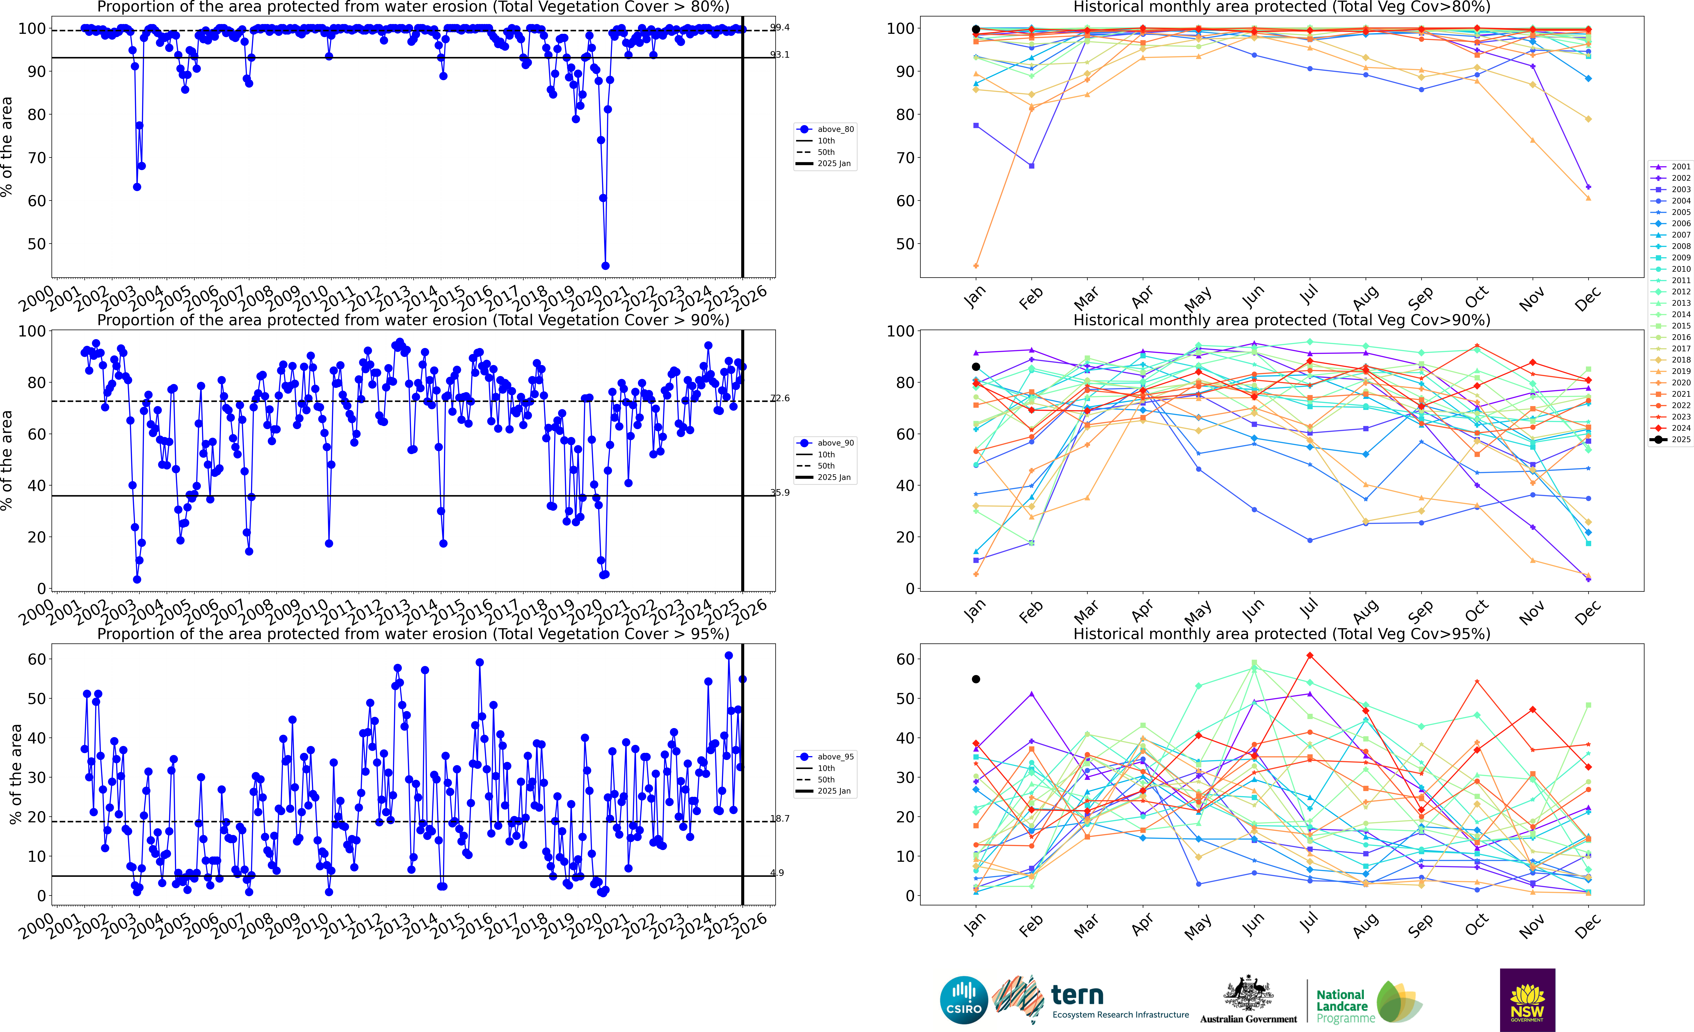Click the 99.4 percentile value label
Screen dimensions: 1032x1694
tap(780, 27)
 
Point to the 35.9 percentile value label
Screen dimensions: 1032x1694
tap(780, 493)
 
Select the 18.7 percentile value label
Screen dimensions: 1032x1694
tap(780, 819)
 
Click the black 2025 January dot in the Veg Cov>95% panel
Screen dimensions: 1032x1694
tap(976, 679)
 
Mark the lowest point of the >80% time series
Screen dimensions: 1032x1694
tap(605, 266)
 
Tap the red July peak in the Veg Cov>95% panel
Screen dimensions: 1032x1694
tap(1310, 656)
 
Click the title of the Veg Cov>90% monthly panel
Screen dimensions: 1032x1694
tap(1282, 320)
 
